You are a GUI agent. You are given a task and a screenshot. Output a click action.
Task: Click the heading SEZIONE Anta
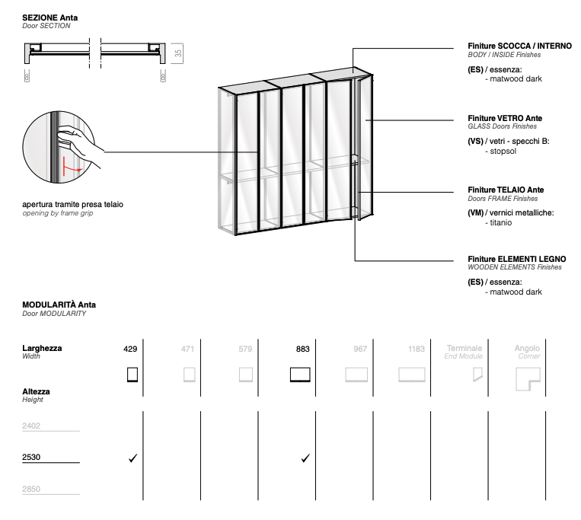click(x=50, y=17)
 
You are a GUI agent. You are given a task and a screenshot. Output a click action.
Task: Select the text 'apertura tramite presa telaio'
click(x=73, y=204)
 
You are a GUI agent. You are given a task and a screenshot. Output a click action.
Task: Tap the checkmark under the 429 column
click(x=132, y=458)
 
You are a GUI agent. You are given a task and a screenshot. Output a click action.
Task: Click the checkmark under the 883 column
click(x=305, y=458)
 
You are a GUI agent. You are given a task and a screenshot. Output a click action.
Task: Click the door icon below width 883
click(x=302, y=375)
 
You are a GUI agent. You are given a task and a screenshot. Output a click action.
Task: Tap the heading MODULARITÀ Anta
click(x=59, y=305)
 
